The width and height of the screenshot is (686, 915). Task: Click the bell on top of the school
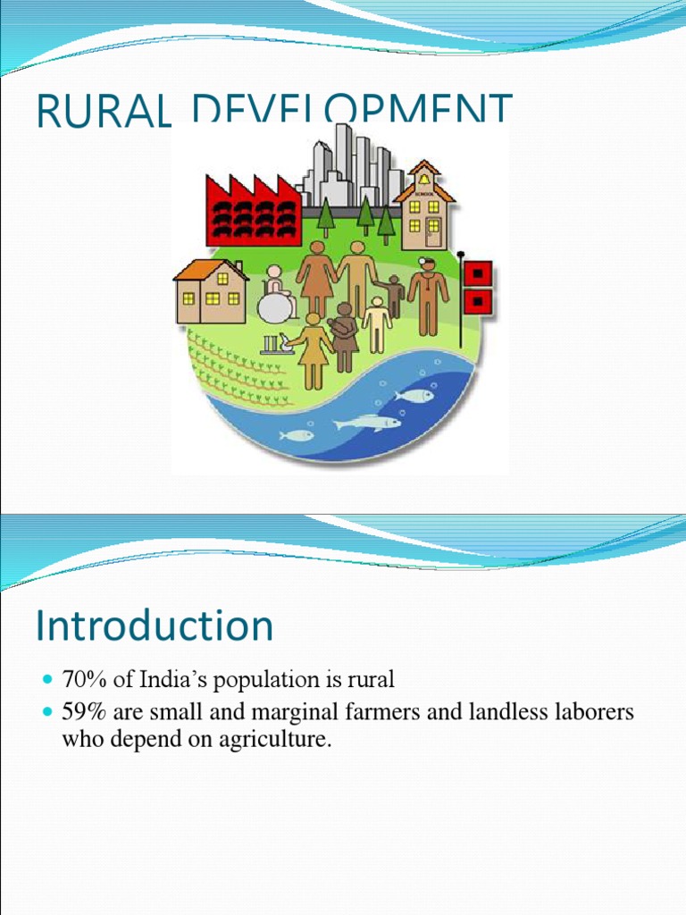(x=423, y=179)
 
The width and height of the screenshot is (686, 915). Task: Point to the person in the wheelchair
(x=278, y=296)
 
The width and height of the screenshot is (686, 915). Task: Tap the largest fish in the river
(x=368, y=422)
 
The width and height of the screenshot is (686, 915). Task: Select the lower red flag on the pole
(x=481, y=301)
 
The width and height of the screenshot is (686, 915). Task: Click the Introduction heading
(x=154, y=625)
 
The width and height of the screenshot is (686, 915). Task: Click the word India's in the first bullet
(x=169, y=679)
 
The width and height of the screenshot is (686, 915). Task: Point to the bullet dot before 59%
(x=47, y=712)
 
